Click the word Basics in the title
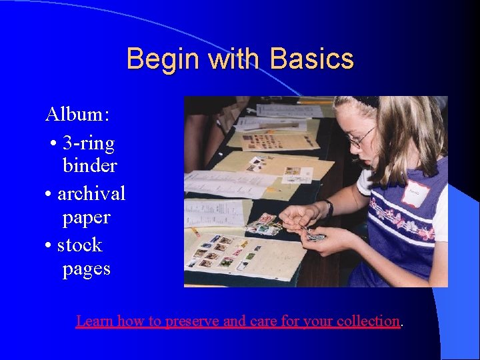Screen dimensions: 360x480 click(x=311, y=59)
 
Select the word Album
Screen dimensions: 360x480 click(x=77, y=114)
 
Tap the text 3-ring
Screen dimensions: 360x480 click(x=88, y=143)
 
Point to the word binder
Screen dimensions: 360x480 click(x=89, y=165)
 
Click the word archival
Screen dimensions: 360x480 click(x=91, y=193)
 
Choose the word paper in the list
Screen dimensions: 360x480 click(x=86, y=217)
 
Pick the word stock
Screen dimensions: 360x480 click(x=79, y=245)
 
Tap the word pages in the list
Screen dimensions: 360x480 click(x=86, y=269)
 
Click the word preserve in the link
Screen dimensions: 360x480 click(x=192, y=321)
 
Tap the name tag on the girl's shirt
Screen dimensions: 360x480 click(x=415, y=193)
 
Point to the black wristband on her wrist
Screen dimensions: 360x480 click(x=329, y=208)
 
